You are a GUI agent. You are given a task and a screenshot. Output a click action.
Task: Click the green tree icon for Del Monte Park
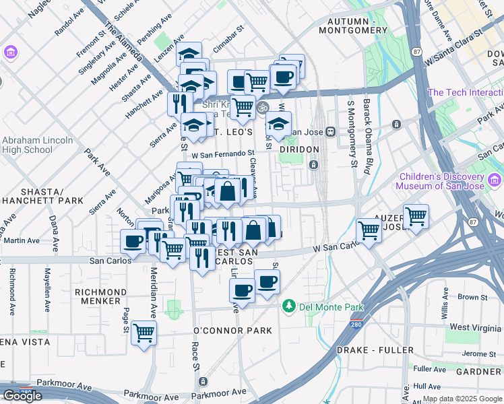289,306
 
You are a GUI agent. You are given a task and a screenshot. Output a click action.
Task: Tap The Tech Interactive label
465,93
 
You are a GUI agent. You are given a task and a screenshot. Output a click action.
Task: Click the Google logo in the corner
22,396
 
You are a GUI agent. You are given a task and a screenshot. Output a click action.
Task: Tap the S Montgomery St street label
351,134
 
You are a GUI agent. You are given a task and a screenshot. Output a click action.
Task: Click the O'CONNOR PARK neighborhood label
232,331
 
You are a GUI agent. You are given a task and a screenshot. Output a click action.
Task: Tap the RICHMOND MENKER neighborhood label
100,296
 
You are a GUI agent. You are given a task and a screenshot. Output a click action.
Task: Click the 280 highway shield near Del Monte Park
356,325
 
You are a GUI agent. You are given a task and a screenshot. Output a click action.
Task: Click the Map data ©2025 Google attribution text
462,399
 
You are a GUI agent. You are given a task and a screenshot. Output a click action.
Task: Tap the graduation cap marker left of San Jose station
278,124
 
